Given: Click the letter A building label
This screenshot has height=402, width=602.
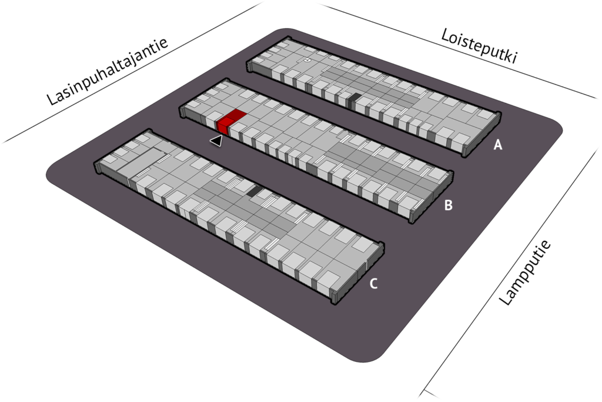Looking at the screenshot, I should point(497,145).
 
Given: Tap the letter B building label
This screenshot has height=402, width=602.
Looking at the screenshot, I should point(448,205).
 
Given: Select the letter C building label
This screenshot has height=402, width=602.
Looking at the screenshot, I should point(373,284).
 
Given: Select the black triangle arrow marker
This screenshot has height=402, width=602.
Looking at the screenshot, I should point(216,141).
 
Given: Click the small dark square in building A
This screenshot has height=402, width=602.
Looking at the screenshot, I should point(354,100).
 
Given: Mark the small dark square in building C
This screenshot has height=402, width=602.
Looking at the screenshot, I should point(253,191).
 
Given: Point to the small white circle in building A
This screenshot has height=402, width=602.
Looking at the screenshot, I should point(307,61).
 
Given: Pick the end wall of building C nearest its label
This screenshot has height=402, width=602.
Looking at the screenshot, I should point(358,274).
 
